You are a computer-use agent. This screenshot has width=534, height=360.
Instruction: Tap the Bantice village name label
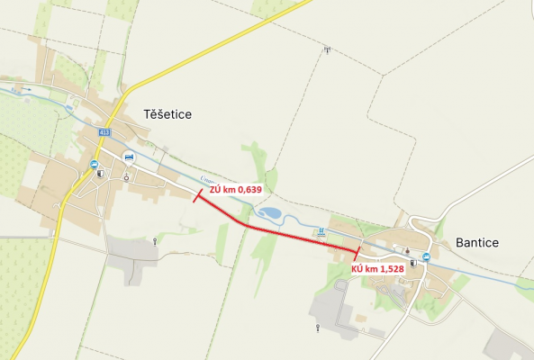476,243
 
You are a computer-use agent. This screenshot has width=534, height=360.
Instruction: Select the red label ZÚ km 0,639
235,190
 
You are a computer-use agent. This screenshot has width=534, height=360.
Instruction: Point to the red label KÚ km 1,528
377,268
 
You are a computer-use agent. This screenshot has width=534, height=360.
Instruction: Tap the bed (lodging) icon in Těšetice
128,157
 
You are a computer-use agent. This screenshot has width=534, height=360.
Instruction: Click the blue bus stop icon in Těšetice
94,164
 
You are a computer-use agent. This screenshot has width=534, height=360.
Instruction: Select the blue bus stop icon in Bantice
426,256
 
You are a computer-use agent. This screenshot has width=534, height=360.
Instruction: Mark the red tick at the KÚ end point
358,253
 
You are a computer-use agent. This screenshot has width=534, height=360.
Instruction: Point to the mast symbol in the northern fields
326,49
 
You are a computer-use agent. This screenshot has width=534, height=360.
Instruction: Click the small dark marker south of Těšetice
155,241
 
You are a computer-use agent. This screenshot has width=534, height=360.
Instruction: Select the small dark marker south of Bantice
318,328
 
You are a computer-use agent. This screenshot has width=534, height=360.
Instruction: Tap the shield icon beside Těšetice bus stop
100,174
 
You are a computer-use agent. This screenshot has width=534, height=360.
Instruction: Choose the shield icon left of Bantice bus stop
413,263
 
